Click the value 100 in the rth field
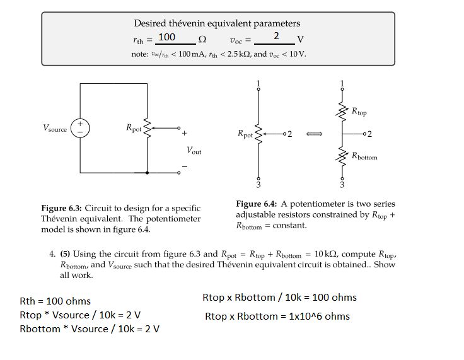pyautogui.click(x=166, y=37)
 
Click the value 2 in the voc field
pyautogui.click(x=275, y=37)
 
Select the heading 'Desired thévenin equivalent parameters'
pyautogui.click(x=217, y=23)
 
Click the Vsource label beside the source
pyautogui.click(x=55, y=128)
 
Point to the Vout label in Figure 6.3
pyautogui.click(x=194, y=151)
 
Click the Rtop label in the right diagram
pyautogui.click(x=359, y=112)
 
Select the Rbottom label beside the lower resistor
pyautogui.click(x=364, y=156)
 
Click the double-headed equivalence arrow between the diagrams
pyautogui.click(x=315, y=134)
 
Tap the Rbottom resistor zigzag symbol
pyautogui.click(x=342, y=156)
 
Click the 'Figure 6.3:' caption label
pyautogui.click(x=62, y=208)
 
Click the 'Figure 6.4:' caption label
pyautogui.click(x=257, y=204)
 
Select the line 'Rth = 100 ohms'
pyautogui.click(x=55, y=301)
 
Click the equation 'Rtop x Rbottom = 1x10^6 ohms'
pyautogui.click(x=277, y=316)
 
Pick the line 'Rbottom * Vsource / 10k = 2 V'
pyautogui.click(x=89, y=328)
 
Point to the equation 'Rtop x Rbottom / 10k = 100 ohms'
pyautogui.click(x=279, y=297)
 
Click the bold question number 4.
pyautogui.click(x=52, y=255)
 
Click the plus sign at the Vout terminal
pyautogui.click(x=184, y=134)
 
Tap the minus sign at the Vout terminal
pyautogui.click(x=185, y=166)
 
